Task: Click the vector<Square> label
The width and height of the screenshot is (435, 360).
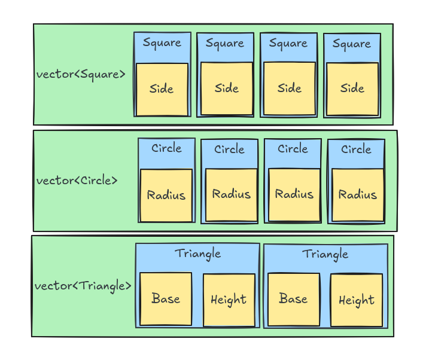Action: click(81, 75)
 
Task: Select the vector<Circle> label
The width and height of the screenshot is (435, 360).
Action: click(77, 181)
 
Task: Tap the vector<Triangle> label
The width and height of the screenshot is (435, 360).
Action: click(83, 286)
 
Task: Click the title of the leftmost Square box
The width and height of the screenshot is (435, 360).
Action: click(162, 43)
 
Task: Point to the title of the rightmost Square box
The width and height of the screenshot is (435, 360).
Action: click(352, 44)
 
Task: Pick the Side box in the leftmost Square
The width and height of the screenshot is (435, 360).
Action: click(162, 90)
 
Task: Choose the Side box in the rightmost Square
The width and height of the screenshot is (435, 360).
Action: click(352, 89)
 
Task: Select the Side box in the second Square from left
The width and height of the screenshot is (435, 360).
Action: click(227, 89)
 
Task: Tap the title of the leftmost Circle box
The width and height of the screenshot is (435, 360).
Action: click(166, 148)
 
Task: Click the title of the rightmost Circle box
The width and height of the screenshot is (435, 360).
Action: click(356, 150)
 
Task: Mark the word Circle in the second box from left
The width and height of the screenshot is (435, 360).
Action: click(229, 150)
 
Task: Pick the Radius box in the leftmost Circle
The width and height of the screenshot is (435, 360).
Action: click(166, 196)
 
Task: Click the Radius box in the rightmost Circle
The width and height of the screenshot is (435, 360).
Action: click(358, 195)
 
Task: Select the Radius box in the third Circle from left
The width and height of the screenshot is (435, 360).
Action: click(294, 195)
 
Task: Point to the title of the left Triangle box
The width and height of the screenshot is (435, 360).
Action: click(198, 254)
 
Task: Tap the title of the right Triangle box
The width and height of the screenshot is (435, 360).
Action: click(325, 254)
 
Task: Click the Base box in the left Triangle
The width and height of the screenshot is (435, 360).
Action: click(166, 299)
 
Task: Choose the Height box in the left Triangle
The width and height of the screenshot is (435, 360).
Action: click(229, 300)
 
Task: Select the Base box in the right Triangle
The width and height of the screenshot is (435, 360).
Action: click(294, 299)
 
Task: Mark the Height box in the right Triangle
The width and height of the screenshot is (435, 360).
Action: click(357, 300)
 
